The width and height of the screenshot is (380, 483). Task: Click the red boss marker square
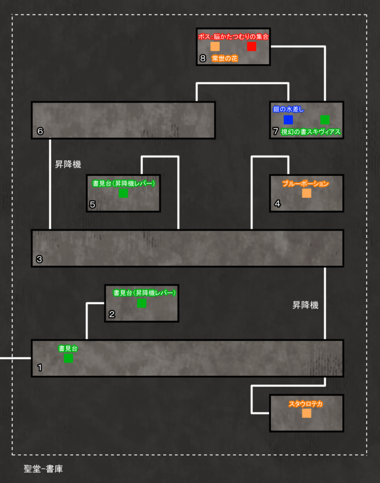252,47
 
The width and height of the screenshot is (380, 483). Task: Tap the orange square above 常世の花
215,47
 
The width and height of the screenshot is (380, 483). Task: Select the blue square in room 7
288,119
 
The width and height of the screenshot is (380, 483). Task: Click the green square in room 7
325,119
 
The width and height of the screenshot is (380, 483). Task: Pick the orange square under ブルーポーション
306,193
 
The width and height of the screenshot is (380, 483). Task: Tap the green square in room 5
123,193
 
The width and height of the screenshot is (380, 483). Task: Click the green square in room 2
141,303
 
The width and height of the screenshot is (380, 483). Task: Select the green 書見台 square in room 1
68,358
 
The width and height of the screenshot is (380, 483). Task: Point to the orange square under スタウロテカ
306,413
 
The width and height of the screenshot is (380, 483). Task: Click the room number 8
203,58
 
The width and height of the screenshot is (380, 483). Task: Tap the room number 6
40,131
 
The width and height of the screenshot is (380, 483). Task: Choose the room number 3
39,259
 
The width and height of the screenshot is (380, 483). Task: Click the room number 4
277,203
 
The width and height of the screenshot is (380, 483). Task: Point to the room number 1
40,367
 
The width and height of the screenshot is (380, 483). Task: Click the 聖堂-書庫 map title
43,468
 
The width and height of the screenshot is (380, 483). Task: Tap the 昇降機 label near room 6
68,164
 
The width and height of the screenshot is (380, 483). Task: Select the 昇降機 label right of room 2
305,305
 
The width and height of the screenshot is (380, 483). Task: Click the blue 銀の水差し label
289,109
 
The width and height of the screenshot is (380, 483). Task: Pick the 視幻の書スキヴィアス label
311,132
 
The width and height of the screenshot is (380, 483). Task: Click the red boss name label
233,37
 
